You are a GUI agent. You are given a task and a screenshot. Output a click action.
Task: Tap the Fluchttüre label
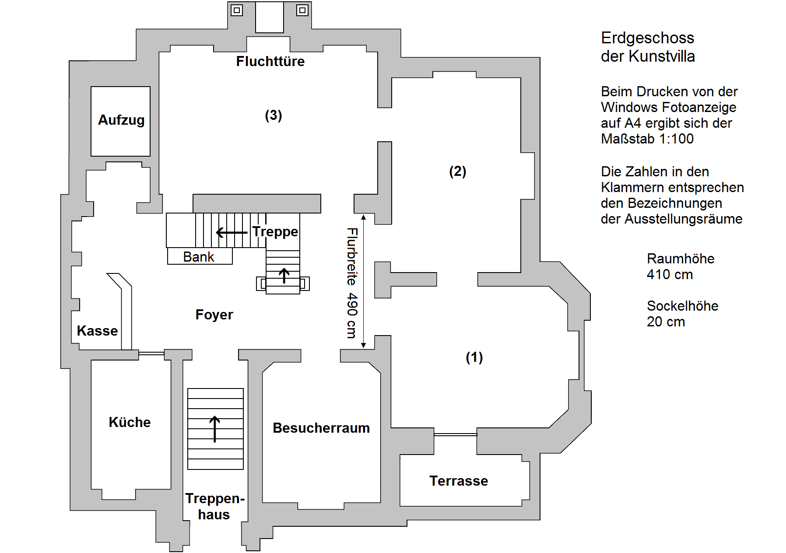click(270, 61)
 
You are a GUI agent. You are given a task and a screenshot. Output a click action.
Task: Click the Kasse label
click(97, 331)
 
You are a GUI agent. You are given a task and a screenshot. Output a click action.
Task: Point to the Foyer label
click(214, 315)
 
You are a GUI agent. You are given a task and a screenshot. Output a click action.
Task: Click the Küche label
click(130, 422)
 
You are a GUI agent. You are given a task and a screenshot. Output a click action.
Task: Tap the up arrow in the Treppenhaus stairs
click(214, 429)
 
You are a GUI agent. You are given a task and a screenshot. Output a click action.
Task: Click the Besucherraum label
click(321, 428)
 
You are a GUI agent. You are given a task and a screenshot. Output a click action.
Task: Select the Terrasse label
click(459, 481)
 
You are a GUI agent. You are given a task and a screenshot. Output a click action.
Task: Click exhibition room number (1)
click(474, 357)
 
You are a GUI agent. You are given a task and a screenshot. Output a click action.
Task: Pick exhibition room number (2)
click(458, 171)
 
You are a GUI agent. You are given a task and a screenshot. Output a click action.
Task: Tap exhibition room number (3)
click(274, 115)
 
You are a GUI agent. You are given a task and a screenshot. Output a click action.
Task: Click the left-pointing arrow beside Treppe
click(232, 232)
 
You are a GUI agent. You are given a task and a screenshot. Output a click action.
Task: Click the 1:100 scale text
click(677, 139)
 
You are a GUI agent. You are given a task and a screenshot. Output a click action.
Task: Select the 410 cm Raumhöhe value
click(670, 275)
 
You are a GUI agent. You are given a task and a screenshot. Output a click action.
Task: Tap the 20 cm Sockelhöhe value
click(666, 322)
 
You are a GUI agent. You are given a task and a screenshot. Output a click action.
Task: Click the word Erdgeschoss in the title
click(648, 38)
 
